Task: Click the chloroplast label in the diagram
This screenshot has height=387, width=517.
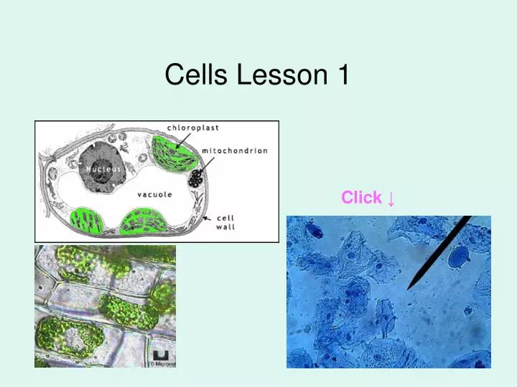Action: [193, 128]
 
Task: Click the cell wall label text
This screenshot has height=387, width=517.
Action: [225, 222]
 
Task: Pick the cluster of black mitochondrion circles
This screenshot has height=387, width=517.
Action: [195, 179]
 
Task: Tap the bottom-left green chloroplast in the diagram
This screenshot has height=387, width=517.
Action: [86, 221]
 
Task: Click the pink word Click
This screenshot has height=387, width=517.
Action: [361, 198]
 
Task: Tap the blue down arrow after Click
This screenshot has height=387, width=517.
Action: [391, 198]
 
